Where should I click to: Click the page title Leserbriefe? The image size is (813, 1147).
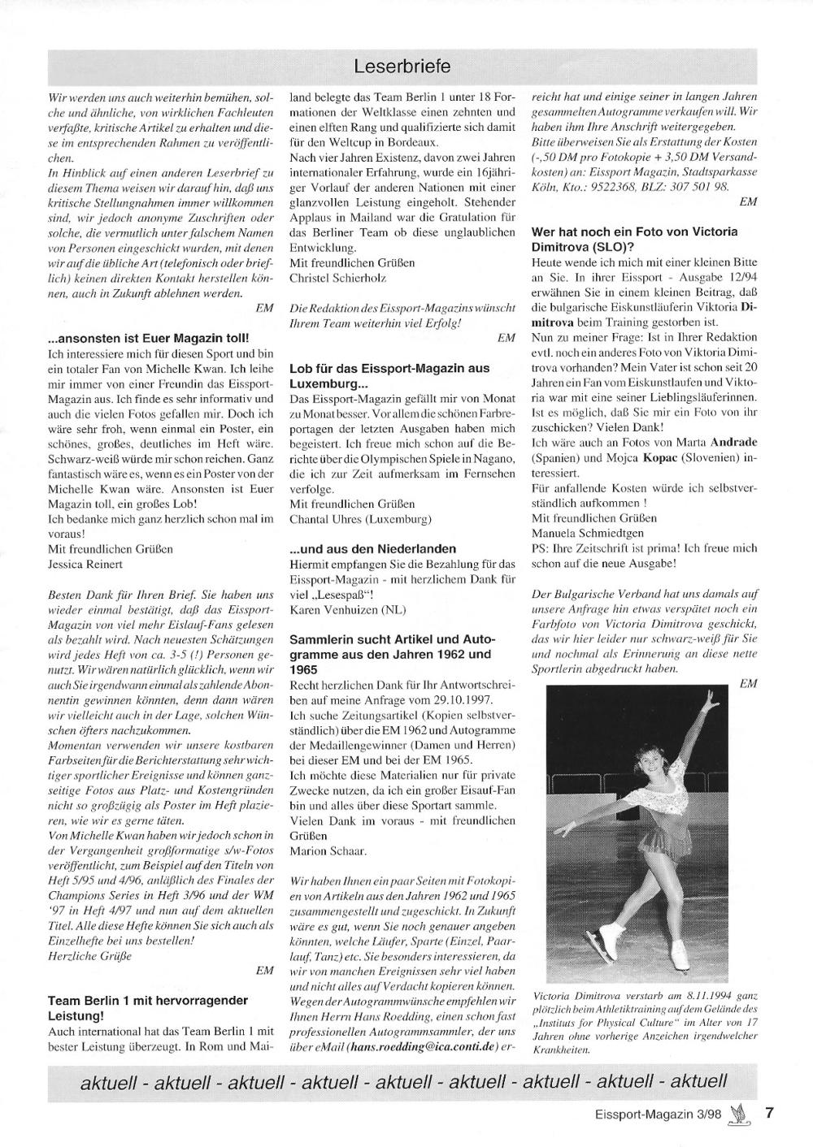click(403, 65)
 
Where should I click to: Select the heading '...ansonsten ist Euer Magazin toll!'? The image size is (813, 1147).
click(149, 337)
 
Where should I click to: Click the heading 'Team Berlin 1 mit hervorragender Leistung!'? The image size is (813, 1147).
click(148, 1007)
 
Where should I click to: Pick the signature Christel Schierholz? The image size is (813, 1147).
click(338, 278)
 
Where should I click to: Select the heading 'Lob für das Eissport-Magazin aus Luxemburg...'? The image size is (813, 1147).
click(389, 375)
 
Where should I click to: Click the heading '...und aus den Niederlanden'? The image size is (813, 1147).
click(373, 548)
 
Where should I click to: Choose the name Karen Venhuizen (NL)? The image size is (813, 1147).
click(347, 609)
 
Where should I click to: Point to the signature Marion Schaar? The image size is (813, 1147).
click(328, 851)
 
